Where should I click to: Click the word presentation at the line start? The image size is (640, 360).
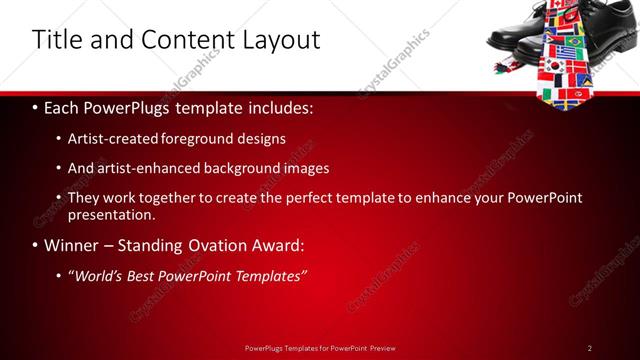click(x=112, y=213)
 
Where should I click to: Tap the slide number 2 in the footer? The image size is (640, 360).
click(x=590, y=347)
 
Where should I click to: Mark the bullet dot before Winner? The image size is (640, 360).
click(x=36, y=245)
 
